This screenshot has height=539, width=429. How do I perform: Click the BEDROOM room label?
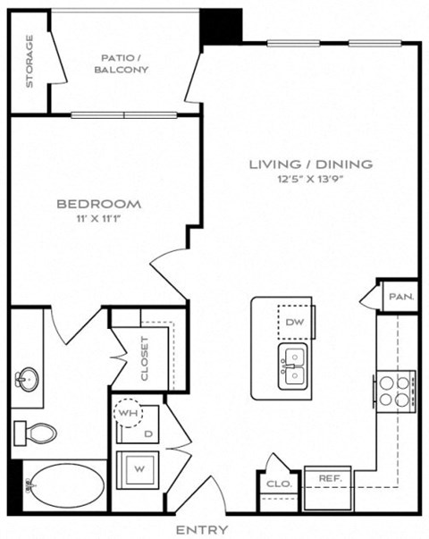98,204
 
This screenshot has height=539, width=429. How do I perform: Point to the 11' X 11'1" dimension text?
98,218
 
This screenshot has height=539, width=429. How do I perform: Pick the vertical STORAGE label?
29,62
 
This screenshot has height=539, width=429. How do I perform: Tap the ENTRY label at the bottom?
202,531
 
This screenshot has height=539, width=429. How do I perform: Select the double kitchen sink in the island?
293,367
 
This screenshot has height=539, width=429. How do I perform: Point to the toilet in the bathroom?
35,434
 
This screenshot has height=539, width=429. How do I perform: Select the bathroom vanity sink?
24,378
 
